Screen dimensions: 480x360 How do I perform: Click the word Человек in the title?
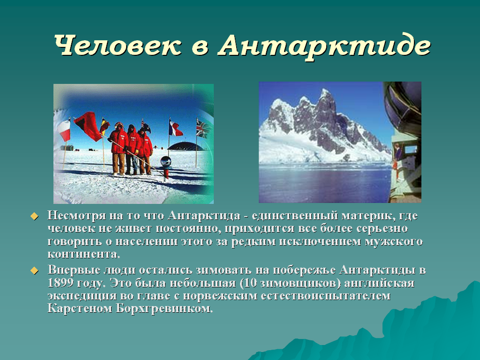(118, 45)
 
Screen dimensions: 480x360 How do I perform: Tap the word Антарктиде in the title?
(324, 46)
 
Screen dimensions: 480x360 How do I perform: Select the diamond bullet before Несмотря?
(34, 217)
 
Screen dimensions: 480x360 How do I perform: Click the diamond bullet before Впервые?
(34, 270)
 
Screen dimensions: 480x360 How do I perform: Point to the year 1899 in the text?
(60, 283)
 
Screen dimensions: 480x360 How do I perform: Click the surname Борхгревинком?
(164, 308)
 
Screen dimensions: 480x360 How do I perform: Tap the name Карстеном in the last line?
(80, 308)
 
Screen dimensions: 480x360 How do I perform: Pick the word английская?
(379, 283)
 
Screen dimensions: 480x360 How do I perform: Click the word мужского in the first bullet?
(394, 242)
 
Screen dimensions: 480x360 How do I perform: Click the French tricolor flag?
(175, 128)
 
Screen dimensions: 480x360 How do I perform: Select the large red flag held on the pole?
(88, 126)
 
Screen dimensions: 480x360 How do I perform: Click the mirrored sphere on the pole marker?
(165, 161)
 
